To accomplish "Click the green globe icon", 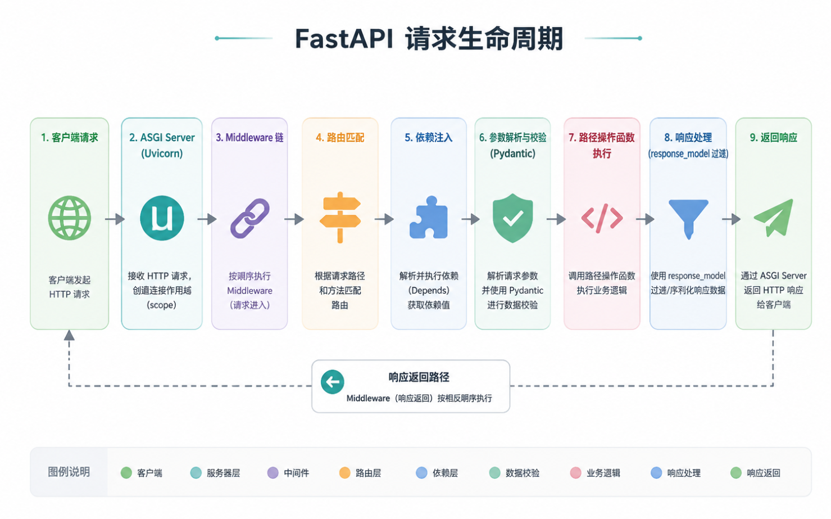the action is click(x=69, y=218).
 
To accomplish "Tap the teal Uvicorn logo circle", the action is click(x=162, y=218).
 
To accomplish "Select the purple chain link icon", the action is click(x=250, y=218).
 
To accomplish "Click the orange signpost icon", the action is click(x=340, y=218).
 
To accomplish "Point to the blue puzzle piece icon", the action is click(x=429, y=218).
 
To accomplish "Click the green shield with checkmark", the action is click(x=512, y=218).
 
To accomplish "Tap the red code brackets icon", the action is click(x=602, y=218).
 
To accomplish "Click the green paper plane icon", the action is click(x=774, y=218).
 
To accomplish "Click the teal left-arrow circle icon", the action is click(x=333, y=382).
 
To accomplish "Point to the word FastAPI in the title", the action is click(x=344, y=39).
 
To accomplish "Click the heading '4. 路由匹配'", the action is click(x=340, y=138).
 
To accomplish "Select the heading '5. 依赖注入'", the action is click(x=429, y=138).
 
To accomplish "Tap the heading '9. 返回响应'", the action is click(x=774, y=138).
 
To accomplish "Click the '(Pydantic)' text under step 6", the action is click(x=512, y=154).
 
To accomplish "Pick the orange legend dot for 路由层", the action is click(x=344, y=472).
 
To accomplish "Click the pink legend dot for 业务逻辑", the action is click(x=575, y=472).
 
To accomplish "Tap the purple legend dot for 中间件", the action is click(x=273, y=472).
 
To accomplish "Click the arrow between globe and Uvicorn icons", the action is click(x=115, y=219).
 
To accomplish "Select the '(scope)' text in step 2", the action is click(x=161, y=305).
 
